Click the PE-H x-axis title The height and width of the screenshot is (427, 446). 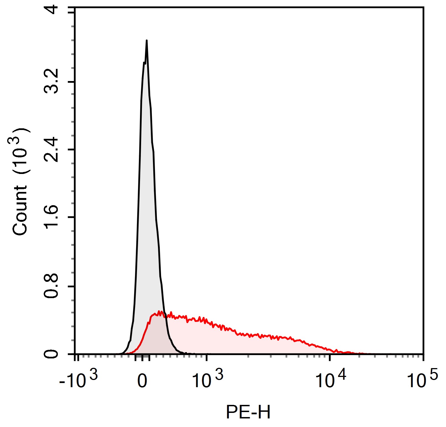(x=248, y=412)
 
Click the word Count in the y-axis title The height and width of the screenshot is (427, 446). (x=20, y=210)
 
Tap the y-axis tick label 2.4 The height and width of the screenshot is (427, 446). (x=51, y=149)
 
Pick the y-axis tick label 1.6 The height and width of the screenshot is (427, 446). (x=51, y=217)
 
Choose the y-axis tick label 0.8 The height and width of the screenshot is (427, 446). (x=51, y=287)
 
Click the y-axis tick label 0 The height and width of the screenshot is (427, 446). (x=51, y=354)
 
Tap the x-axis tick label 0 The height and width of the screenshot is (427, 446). (x=142, y=381)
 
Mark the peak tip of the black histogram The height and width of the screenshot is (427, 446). (x=147, y=40)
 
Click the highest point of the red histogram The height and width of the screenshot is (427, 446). (x=159, y=311)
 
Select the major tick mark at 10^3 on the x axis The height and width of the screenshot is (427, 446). (x=207, y=357)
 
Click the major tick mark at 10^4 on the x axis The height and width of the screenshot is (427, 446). (x=330, y=357)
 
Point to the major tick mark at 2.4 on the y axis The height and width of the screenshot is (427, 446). (x=72, y=150)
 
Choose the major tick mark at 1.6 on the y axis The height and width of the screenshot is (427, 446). (x=72, y=217)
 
